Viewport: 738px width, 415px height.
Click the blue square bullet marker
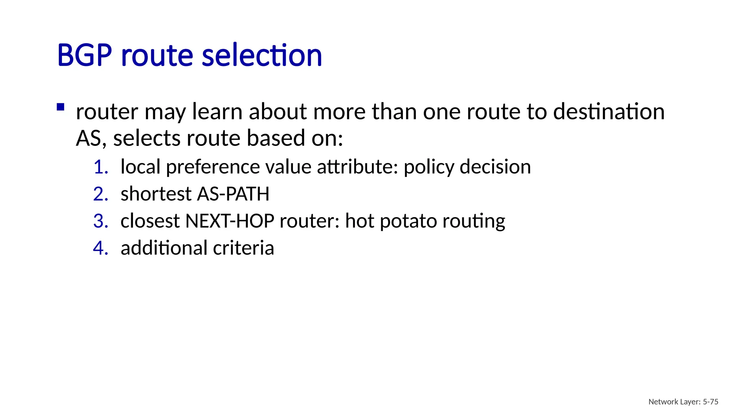click(61, 107)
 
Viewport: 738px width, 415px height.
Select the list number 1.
click(101, 167)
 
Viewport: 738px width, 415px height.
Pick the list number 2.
click(101, 194)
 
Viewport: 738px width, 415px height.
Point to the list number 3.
click(101, 221)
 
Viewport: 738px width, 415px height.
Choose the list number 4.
click(101, 248)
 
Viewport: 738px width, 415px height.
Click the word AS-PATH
click(233, 194)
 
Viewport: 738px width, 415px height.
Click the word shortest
click(156, 194)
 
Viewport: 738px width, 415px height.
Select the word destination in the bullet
click(609, 111)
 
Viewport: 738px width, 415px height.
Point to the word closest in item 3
click(150, 221)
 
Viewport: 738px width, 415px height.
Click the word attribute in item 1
click(357, 167)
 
